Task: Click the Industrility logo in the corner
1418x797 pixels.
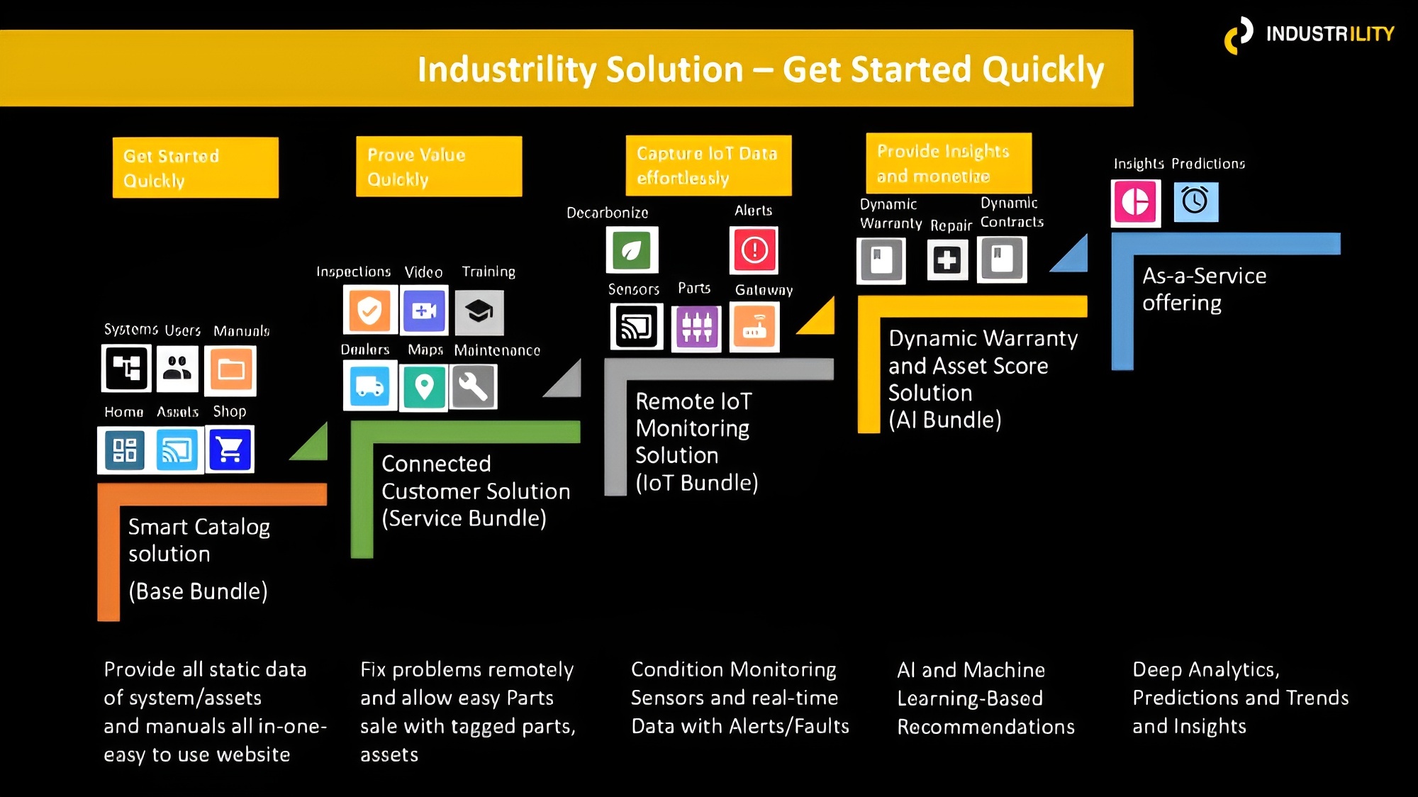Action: pos(1309,34)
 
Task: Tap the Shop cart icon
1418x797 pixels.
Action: pos(230,450)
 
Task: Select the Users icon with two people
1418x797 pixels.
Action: pos(177,368)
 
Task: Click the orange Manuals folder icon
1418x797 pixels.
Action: pos(230,369)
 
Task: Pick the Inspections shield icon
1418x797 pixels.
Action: pos(369,310)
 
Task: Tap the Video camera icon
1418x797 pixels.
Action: pos(424,310)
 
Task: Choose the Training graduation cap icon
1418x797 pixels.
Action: pos(479,311)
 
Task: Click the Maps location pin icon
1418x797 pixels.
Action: pos(424,387)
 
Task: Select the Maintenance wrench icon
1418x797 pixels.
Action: pos(473,387)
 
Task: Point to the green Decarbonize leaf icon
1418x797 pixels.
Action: pos(632,250)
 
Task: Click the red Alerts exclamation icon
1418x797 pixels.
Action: pos(754,250)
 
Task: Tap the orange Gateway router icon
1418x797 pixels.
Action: pos(754,327)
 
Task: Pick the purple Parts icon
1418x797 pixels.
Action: pos(696,328)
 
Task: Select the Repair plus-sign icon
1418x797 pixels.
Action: pos(947,260)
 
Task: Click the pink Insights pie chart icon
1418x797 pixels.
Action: pos(1135,202)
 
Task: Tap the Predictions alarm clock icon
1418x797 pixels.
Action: pos(1195,201)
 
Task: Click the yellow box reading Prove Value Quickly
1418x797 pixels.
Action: pos(439,167)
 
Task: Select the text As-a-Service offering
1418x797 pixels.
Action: pos(1204,289)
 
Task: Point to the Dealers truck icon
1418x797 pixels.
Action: pos(369,386)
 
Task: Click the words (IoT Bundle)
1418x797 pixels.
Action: pos(696,483)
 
